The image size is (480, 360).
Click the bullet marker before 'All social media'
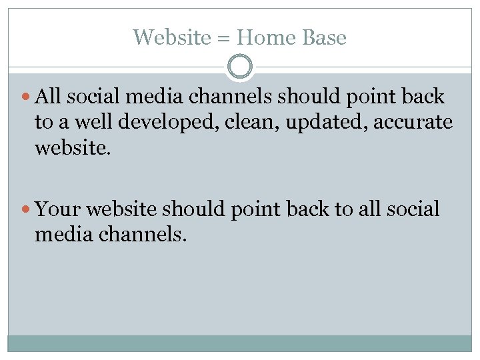pos(27,97)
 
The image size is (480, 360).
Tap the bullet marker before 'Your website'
pos(27,210)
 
